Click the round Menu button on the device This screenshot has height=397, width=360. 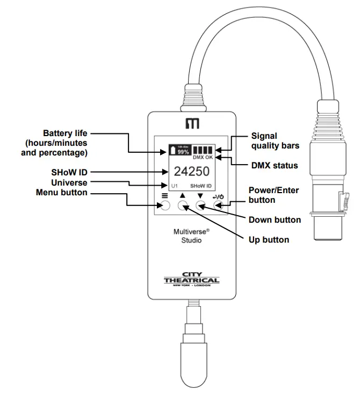(165, 205)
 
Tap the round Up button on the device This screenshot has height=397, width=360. (183, 205)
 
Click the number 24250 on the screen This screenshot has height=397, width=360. (191, 172)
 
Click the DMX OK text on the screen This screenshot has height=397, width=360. (203, 158)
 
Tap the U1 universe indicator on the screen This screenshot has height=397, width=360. (175, 186)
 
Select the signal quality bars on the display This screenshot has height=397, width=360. (203, 150)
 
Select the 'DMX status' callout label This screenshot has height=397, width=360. (274, 166)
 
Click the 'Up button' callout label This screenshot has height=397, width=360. (269, 239)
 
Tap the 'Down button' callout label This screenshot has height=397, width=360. (275, 219)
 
